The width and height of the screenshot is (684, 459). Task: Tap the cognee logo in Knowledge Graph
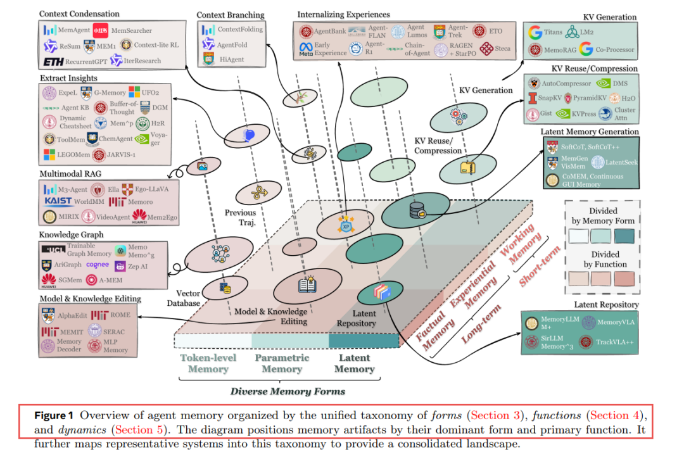click(x=98, y=265)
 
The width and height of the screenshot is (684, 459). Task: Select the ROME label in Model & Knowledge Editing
click(x=120, y=315)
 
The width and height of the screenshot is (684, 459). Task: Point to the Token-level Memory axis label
click(x=207, y=363)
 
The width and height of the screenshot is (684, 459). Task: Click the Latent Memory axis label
click(x=354, y=363)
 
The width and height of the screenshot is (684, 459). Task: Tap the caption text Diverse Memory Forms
click(x=288, y=391)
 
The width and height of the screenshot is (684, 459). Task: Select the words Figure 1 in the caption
click(x=54, y=416)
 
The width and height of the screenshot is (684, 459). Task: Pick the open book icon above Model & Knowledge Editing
click(x=307, y=286)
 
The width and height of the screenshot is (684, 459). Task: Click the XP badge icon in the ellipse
click(x=346, y=225)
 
